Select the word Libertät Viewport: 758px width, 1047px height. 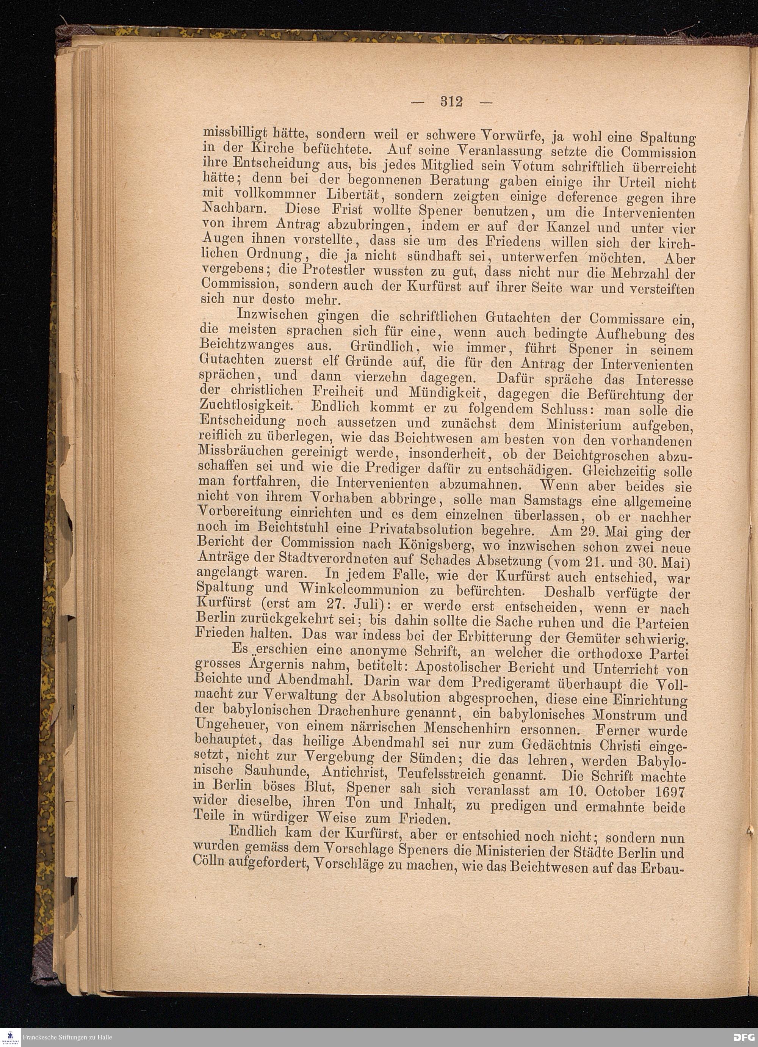(x=353, y=195)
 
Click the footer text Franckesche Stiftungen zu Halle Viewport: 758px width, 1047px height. (x=67, y=1037)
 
